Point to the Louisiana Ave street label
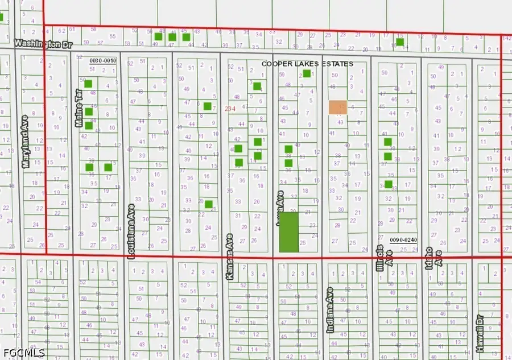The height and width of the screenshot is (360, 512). (131, 232)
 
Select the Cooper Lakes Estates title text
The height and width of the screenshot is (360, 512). (307, 64)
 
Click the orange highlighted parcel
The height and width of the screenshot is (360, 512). (338, 107)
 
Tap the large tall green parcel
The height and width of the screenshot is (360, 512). (288, 232)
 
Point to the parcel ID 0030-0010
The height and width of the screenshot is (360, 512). (103, 60)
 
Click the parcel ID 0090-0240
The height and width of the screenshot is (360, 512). (403, 240)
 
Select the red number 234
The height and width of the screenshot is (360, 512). (230, 108)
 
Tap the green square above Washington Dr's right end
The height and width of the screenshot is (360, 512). (400, 42)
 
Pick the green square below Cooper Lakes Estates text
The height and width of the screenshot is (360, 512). (307, 73)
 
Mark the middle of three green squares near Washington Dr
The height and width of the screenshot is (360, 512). (172, 38)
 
